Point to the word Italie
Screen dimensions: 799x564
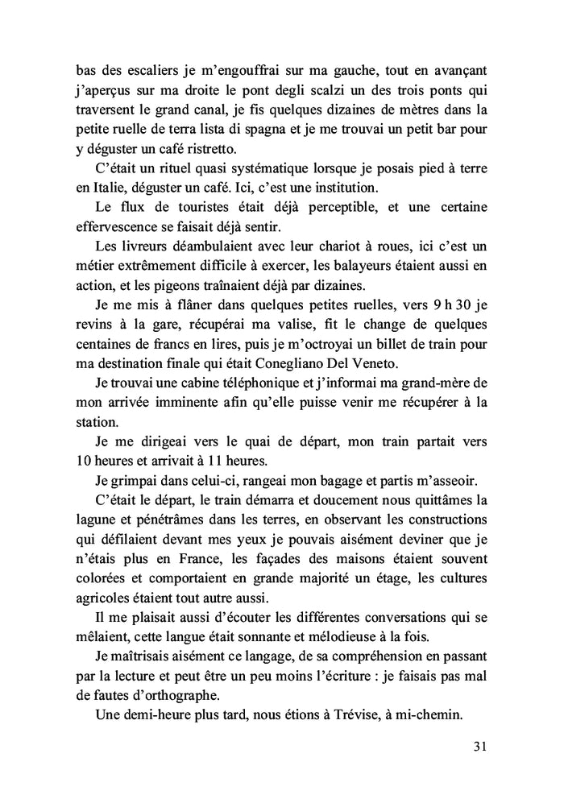pyautogui.click(x=97, y=188)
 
